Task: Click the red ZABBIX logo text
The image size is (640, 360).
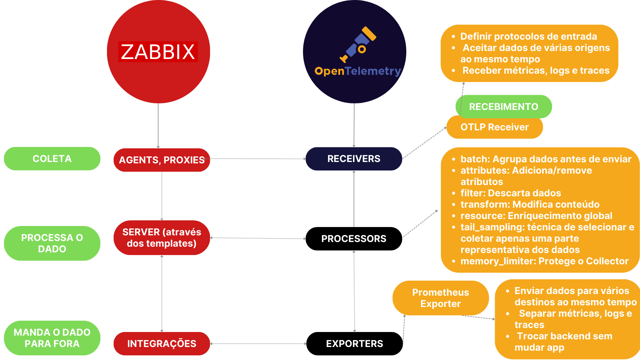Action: pos(158,52)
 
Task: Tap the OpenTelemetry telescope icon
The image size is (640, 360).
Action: pos(358,45)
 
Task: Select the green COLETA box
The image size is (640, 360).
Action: pos(52,159)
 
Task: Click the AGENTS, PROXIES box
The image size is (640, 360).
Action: pos(162,160)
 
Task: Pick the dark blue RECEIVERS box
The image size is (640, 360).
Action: pos(354,159)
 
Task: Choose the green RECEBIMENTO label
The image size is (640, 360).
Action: pos(504,107)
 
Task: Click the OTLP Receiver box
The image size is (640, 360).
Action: pos(495,127)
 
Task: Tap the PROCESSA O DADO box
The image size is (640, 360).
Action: pos(52,243)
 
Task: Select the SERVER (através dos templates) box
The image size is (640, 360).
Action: pos(162,238)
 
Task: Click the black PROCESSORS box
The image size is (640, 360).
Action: pos(354,239)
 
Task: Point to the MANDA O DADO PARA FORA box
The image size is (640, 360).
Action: pos(52,338)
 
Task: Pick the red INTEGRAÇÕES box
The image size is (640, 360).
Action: pos(162,344)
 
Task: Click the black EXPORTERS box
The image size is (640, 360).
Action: pos(354,344)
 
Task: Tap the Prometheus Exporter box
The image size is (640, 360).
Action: pos(441,298)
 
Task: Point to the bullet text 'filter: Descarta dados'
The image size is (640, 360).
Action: pos(511,193)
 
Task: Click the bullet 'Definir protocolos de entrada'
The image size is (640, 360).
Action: pos(529,36)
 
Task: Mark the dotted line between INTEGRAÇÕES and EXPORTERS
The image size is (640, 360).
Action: pos(258,344)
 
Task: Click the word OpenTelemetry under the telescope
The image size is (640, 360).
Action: pos(358,71)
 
